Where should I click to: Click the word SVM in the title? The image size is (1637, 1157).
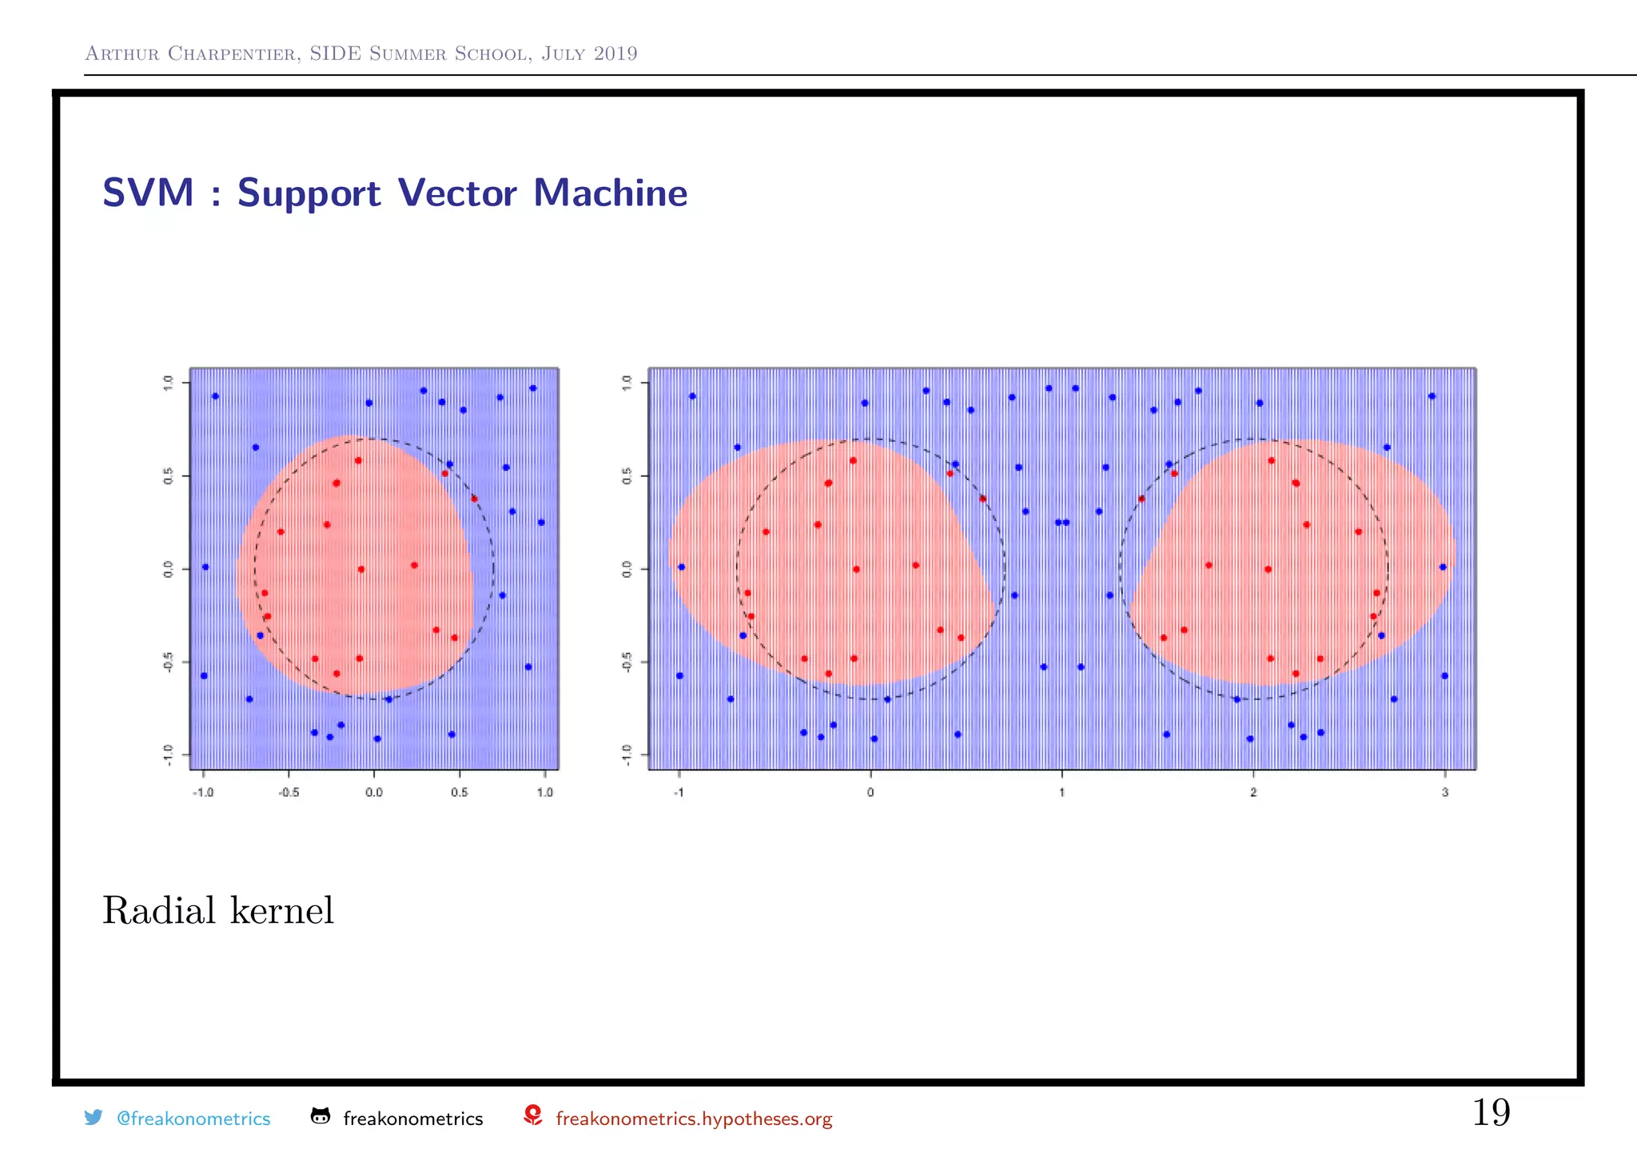coord(149,193)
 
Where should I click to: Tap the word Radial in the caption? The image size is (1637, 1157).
coord(159,910)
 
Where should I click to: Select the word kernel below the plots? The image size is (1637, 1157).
coord(281,910)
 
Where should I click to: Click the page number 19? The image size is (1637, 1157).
coord(1491,1112)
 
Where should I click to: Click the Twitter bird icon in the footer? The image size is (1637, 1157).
coord(94,1117)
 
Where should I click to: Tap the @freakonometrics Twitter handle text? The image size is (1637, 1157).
coord(193,1119)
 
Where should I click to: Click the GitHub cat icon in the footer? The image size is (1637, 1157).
coord(320,1116)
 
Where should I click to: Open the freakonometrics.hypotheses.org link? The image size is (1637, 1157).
coord(694,1119)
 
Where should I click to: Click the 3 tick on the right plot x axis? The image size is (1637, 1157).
coord(1444,793)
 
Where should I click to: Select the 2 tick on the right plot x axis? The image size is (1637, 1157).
coord(1253,793)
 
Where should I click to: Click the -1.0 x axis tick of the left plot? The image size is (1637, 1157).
coord(204,793)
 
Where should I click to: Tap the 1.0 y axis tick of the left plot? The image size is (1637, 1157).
coord(168,383)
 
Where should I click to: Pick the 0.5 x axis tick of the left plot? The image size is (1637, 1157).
coord(459,793)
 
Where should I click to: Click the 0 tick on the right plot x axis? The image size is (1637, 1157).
coord(870,793)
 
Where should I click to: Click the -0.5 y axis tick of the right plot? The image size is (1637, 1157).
coord(627,662)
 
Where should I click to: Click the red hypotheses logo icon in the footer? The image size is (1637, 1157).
coord(533,1115)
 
